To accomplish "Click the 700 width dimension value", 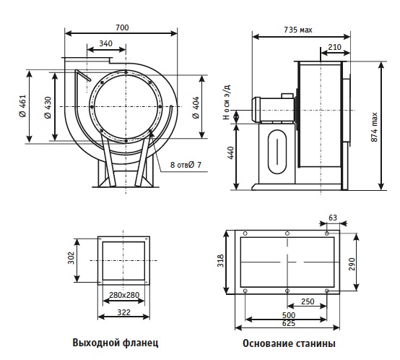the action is point(122,27).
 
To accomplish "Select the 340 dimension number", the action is point(105,43).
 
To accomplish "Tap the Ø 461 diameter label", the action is point(22,106).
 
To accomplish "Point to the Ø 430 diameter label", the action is point(48,108).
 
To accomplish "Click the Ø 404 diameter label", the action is point(196,108).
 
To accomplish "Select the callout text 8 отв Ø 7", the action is point(186,165).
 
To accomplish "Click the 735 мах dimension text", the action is point(298,30).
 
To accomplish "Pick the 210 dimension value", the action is point(334,47).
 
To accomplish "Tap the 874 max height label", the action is point(374,127).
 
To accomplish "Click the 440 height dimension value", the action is point(230,153).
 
